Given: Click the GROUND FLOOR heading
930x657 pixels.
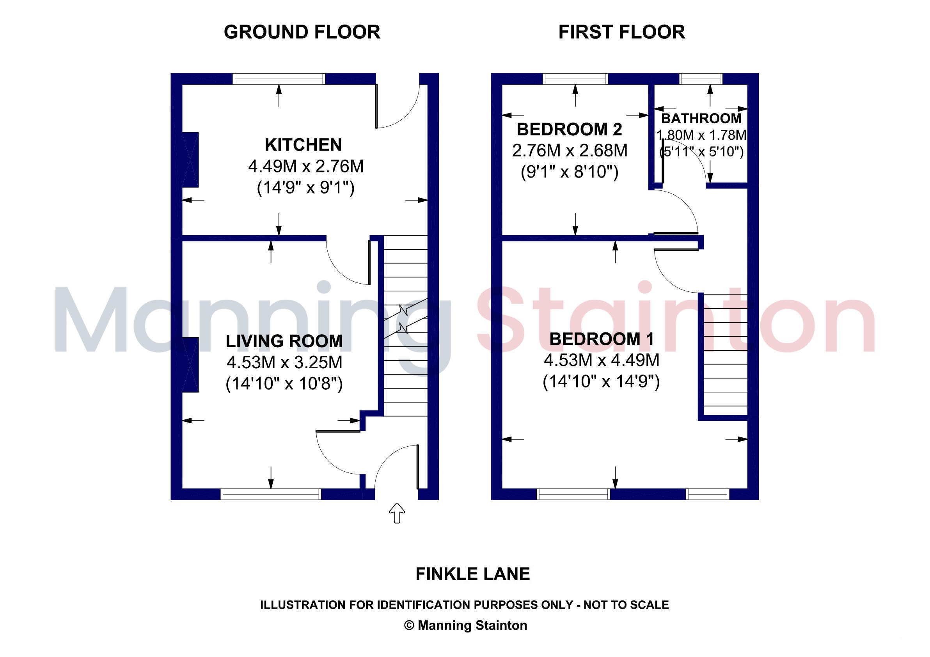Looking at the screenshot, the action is (302, 32).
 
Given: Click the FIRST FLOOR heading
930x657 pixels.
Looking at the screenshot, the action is (622, 32).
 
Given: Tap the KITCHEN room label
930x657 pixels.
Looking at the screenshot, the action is (303, 145).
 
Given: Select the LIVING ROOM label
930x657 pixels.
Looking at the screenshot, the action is (284, 341).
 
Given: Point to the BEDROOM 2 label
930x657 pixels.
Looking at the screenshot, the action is (570, 129).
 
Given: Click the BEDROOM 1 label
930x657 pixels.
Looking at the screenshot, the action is (602, 339).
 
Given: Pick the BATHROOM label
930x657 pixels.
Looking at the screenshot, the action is (701, 118).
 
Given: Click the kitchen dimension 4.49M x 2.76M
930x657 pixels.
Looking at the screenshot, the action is (306, 166).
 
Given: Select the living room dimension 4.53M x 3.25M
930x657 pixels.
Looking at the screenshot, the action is (284, 362).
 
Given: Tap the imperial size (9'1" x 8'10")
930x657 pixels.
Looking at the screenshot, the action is (570, 172).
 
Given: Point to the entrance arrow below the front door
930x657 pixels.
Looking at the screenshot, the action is (397, 513).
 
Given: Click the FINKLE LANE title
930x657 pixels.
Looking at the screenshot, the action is (473, 574).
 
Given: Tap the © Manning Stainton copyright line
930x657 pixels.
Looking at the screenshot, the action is (466, 625).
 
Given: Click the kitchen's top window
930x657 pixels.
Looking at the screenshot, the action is (279, 78).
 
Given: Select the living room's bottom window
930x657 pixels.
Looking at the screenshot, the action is (271, 494).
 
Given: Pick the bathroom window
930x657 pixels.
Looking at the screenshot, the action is (701, 78).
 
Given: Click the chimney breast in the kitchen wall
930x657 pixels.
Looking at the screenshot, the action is (190, 160).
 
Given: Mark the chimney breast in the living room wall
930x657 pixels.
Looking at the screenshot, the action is (190, 364).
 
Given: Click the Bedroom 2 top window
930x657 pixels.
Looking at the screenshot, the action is (575, 78).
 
